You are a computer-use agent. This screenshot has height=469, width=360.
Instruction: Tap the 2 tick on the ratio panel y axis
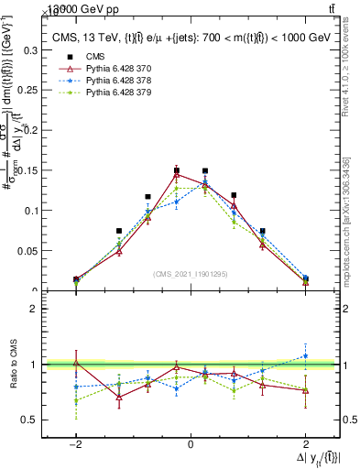(x=38, y=309)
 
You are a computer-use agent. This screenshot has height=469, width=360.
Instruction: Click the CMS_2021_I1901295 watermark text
(x=190, y=274)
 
